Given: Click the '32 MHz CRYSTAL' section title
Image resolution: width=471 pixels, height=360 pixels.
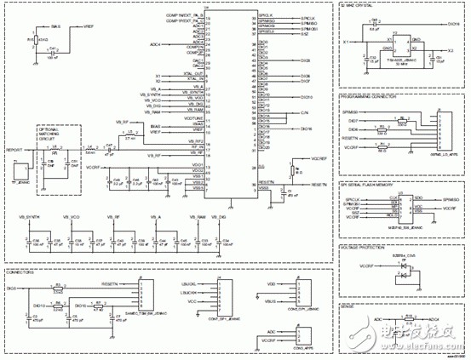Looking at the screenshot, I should pos(359,6).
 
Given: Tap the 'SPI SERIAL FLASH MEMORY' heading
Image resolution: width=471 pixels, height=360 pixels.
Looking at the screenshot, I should pos(368,185).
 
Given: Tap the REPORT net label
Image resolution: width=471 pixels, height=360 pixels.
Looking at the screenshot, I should pos(14,150).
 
